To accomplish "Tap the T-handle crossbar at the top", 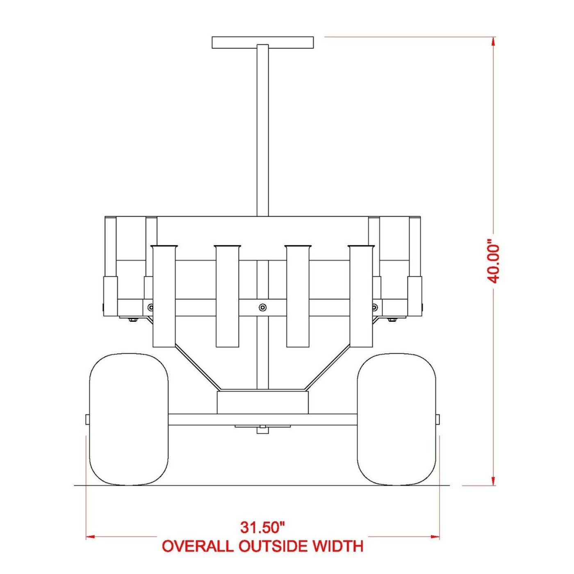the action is pyautogui.click(x=263, y=42).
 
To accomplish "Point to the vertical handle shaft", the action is pyautogui.click(x=262, y=130).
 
